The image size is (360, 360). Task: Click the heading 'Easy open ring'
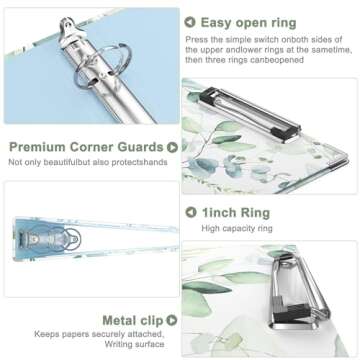(248, 23)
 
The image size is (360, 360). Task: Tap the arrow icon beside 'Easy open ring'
(190, 22)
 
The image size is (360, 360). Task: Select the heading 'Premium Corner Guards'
(86, 147)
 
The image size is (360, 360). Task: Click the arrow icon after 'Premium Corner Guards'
(172, 147)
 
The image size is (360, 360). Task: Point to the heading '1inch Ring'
(236, 213)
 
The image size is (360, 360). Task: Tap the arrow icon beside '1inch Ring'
(191, 212)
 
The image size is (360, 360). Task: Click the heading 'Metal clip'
(133, 321)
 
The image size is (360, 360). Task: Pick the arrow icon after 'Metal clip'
(172, 320)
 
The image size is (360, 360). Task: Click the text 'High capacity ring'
(237, 229)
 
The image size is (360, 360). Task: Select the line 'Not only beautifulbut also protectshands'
(88, 162)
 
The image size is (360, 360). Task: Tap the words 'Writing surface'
(134, 344)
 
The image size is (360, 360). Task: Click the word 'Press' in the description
(194, 39)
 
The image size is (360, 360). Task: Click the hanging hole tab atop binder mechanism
(69, 26)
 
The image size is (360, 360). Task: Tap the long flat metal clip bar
(250, 113)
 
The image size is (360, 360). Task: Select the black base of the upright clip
(292, 313)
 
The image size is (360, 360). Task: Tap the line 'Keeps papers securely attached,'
(99, 334)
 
